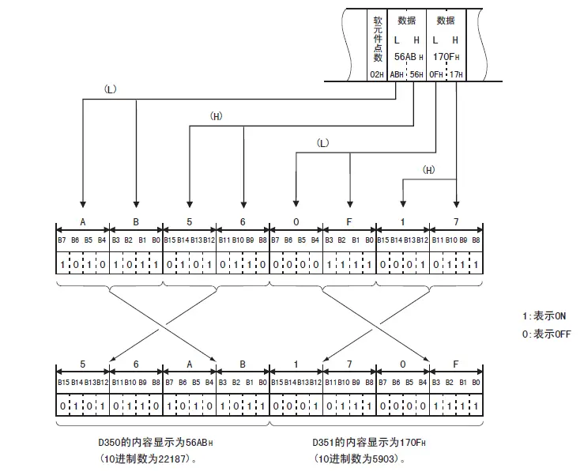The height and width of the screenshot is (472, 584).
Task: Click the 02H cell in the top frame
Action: click(x=377, y=75)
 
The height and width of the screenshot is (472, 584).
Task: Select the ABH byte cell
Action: click(x=397, y=75)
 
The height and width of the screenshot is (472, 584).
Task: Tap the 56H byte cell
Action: click(x=416, y=75)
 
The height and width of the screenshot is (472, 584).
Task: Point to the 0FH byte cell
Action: click(x=435, y=75)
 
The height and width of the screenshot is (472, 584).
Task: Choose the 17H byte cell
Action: click(x=456, y=75)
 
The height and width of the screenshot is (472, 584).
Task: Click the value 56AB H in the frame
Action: click(x=409, y=57)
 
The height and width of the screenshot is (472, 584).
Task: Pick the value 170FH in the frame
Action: click(x=446, y=57)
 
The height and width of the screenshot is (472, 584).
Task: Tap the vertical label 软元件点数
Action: click(x=378, y=39)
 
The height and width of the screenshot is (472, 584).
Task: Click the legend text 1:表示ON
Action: click(x=544, y=316)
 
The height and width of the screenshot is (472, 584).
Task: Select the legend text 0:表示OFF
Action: click(x=546, y=334)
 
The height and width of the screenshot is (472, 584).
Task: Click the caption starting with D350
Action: click(x=156, y=443)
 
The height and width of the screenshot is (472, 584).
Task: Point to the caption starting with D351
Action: click(x=369, y=443)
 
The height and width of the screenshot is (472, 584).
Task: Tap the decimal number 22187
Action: click(x=171, y=459)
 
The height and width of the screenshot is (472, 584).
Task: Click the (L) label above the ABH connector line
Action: click(x=111, y=89)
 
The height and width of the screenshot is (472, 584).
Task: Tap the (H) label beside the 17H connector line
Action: click(x=428, y=170)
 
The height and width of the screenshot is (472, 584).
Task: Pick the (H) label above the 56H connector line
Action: click(x=217, y=116)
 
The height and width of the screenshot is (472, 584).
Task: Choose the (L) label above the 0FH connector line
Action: click(x=323, y=143)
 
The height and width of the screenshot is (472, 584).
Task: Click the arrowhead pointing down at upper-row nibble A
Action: click(x=83, y=205)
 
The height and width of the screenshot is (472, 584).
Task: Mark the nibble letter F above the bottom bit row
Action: click(x=455, y=364)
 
